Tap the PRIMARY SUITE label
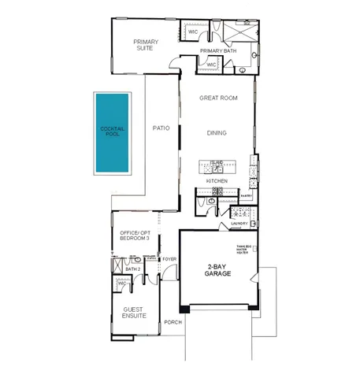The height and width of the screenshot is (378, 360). click(x=146, y=45)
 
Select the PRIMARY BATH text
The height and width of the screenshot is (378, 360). click(x=218, y=51)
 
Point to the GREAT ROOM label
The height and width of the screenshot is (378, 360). click(x=217, y=98)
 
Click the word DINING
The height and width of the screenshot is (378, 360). click(x=217, y=133)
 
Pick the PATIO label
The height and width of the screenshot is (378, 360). click(x=161, y=127)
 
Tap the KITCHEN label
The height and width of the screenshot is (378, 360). click(x=217, y=181)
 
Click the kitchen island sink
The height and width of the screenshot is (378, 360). click(x=217, y=167)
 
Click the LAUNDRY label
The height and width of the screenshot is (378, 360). click(x=239, y=224)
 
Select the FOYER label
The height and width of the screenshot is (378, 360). click(x=169, y=259)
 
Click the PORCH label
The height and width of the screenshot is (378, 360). click(x=173, y=322)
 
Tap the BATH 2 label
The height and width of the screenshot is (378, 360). click(x=133, y=269)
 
